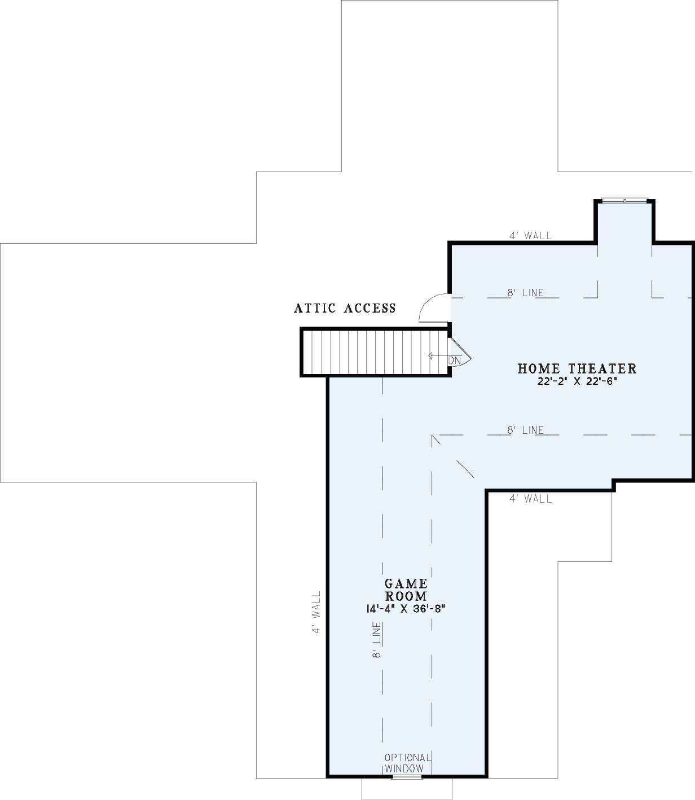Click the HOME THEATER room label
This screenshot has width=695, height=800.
[x=577, y=368]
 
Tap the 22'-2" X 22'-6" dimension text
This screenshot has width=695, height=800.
[x=577, y=381]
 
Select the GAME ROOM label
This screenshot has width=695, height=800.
[x=406, y=590]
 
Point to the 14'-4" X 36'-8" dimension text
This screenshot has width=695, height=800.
[x=406, y=609]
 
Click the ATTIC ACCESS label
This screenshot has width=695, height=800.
[x=345, y=308]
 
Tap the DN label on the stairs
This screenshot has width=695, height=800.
[x=454, y=361]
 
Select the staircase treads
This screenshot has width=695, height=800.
[x=375, y=352]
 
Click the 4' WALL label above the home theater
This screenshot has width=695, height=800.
[x=530, y=236]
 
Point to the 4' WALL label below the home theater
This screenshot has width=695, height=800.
[x=530, y=499]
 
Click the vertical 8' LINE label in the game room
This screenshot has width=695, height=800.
[x=376, y=640]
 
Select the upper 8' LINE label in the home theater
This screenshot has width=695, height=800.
[x=525, y=292]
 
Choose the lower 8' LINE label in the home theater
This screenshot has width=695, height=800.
[x=525, y=430]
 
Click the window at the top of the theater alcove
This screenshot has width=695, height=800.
[x=624, y=201]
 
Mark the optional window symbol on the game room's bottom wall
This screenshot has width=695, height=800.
[x=407, y=776]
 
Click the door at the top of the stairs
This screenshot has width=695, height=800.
[x=460, y=352]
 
